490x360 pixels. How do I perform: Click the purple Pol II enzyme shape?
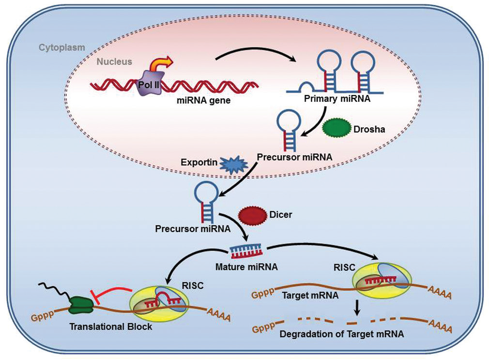150,83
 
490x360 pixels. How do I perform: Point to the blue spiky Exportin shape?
234,165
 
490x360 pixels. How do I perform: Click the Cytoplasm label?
62,47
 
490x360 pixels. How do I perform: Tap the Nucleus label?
114,62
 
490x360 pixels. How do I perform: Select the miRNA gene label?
204,100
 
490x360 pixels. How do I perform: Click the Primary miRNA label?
337,99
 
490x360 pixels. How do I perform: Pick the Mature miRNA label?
246,267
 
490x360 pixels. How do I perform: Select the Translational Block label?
110,327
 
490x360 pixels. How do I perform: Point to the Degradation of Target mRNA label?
341,334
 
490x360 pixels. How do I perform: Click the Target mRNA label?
310,295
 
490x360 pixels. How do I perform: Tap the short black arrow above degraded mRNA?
357,308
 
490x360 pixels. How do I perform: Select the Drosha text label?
369,129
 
